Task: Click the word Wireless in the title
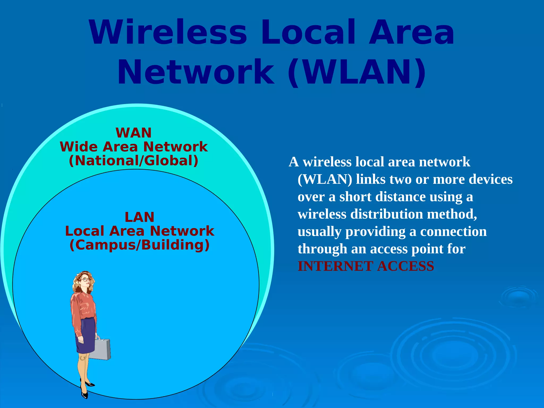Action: click(168, 32)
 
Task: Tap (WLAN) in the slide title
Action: click(357, 72)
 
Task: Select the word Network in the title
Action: click(196, 72)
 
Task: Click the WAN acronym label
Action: click(134, 133)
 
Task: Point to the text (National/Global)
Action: click(134, 161)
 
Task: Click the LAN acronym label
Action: click(139, 217)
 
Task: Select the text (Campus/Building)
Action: click(139, 245)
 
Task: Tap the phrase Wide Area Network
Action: click(134, 147)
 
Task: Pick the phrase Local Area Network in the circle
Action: click(139, 231)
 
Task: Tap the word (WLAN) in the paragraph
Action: click(325, 179)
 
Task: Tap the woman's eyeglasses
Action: click(85, 279)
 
